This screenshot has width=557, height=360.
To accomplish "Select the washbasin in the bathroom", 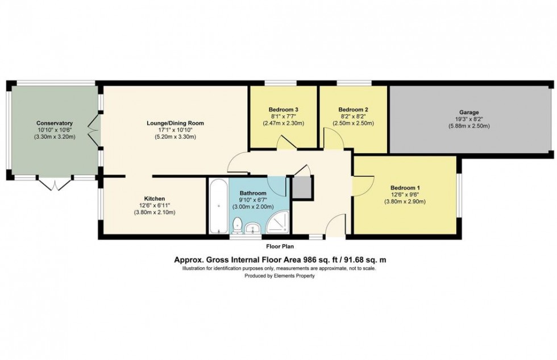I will click(x=255, y=228).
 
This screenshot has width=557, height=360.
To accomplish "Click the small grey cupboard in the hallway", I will click(x=302, y=187).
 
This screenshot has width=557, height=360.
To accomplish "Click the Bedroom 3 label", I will click(x=283, y=109).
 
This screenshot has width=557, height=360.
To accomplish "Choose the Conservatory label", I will click(x=55, y=123).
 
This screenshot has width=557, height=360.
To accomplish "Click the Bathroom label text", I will click(x=253, y=193).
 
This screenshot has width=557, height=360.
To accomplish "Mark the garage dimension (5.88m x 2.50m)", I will click(x=469, y=126).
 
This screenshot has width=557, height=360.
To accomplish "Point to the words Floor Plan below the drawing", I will click(x=280, y=247).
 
